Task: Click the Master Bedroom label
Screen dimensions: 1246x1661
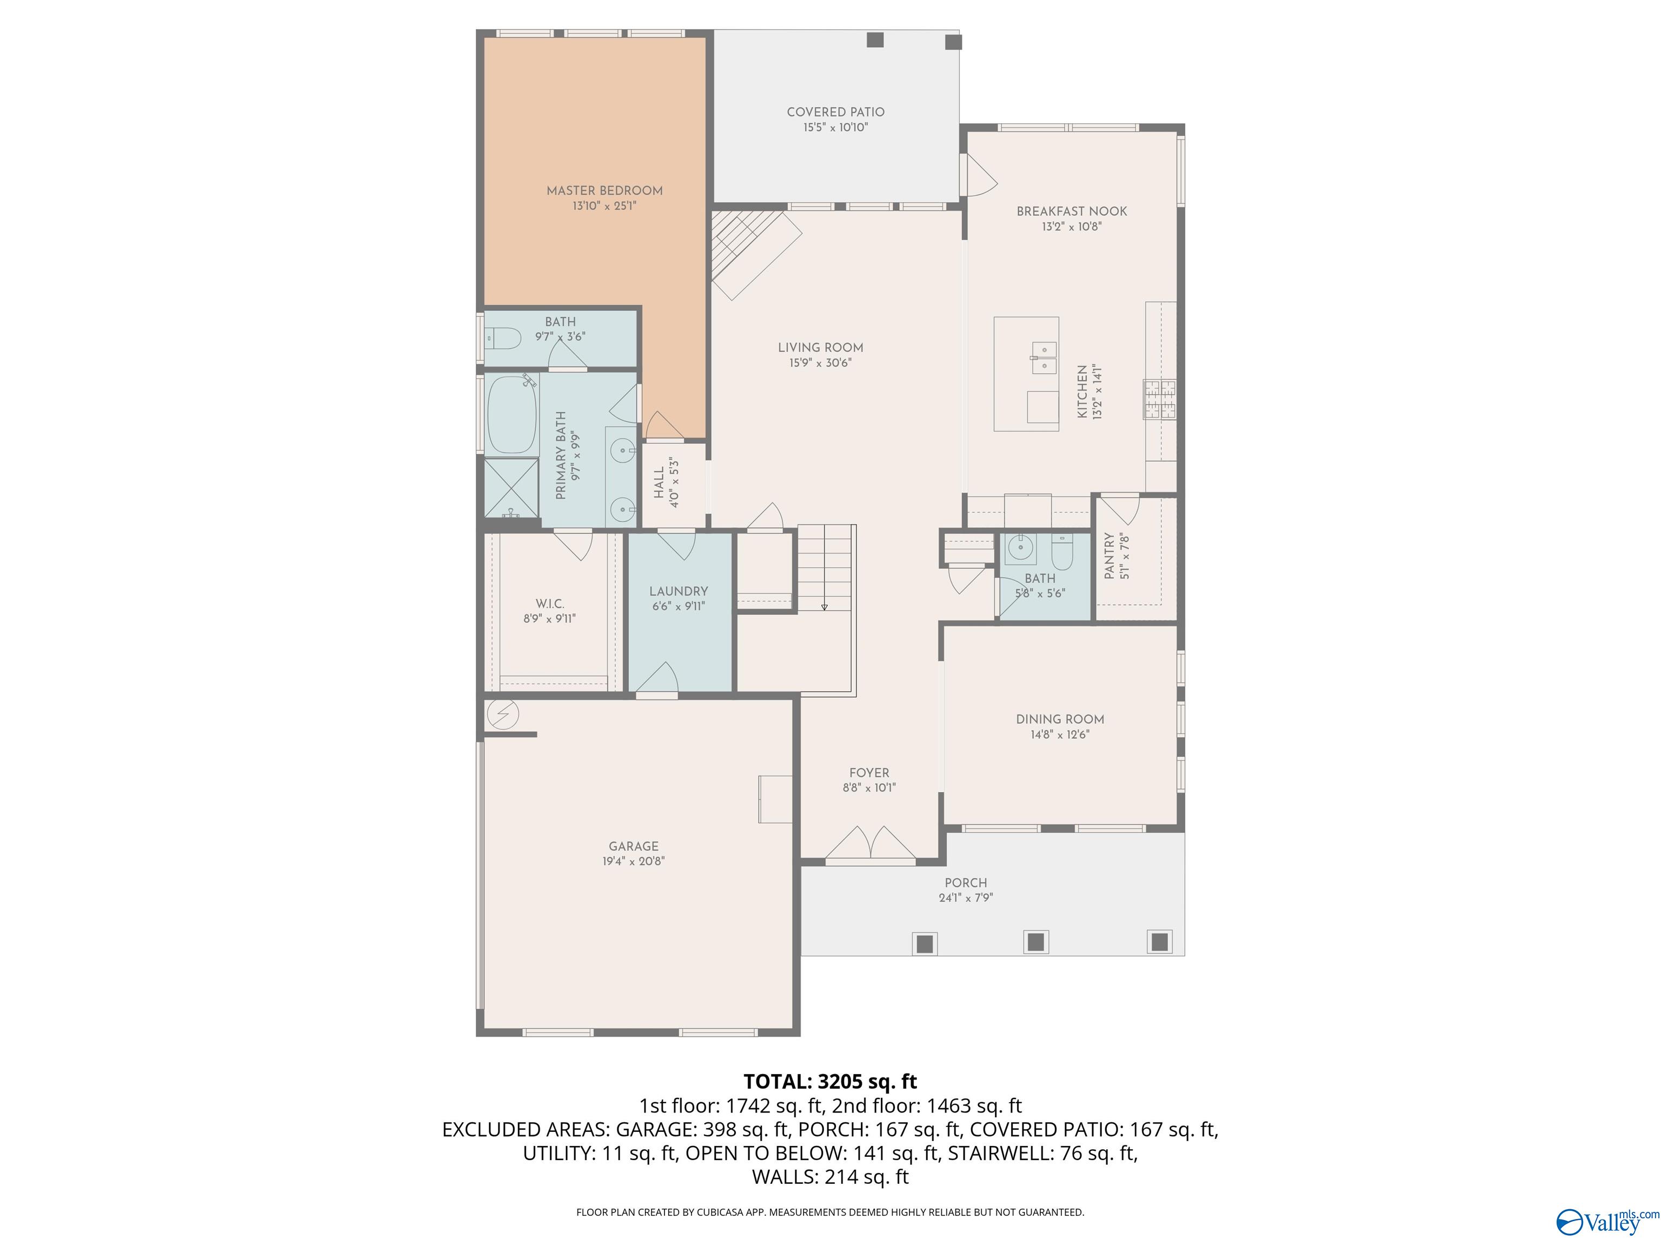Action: pos(604,191)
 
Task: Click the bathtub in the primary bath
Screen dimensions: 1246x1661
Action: pos(511,415)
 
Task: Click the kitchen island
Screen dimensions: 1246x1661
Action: pos(1026,373)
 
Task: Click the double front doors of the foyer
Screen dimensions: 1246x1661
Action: pos(871,844)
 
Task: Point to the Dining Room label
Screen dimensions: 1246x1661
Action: pos(1060,719)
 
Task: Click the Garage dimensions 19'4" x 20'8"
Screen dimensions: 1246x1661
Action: pos(633,861)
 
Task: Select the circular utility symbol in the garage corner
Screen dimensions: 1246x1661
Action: pos(502,714)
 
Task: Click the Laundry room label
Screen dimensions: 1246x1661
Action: pos(678,592)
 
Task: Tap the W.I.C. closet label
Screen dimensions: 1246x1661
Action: pos(550,604)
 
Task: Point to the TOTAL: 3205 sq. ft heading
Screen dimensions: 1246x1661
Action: pos(830,1082)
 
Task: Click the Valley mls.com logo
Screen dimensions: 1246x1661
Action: pos(1607,1222)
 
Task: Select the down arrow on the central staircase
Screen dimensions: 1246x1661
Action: pos(824,606)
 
